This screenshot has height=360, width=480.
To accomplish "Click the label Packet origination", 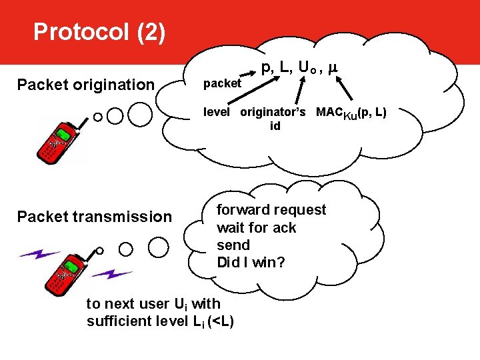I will (85, 85).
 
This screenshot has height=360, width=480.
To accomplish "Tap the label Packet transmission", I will (94, 216).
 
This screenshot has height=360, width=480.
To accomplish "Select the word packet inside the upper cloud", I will (221, 84).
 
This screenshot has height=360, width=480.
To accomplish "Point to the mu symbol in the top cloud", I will (333, 67).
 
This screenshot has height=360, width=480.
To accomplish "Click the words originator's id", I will (273, 118).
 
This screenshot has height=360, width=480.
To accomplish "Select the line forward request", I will (271, 210).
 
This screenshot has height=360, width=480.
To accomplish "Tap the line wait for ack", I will (257, 227).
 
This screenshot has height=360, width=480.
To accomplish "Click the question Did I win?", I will (251, 263).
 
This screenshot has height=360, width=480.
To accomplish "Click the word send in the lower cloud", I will (233, 245).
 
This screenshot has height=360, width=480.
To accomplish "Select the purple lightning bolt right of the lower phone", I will (111, 274).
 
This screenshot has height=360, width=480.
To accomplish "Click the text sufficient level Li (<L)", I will (160, 321).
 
